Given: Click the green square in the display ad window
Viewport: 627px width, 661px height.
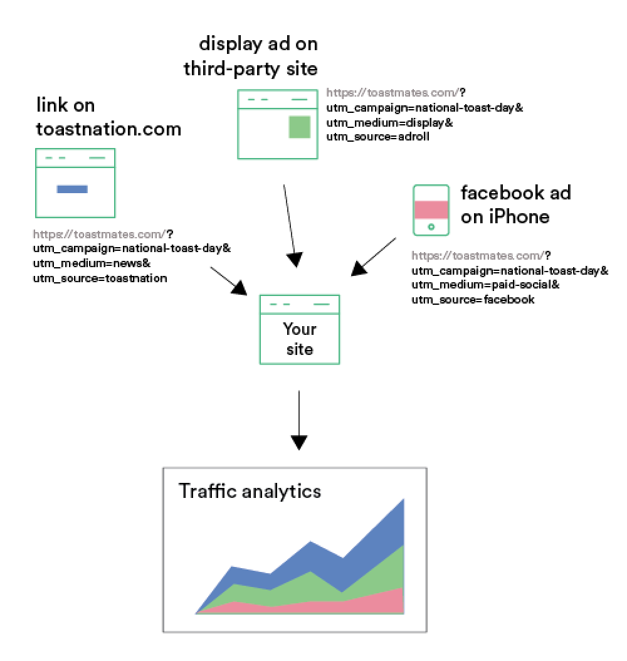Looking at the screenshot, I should pyautogui.click(x=299, y=127).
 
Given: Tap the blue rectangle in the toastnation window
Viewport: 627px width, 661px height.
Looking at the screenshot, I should pyautogui.click(x=72, y=189).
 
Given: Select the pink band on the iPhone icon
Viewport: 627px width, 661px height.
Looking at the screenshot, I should pyautogui.click(x=431, y=209).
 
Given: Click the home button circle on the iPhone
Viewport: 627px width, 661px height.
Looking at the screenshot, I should pyautogui.click(x=431, y=226).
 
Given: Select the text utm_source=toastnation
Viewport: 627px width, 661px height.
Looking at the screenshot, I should pyautogui.click(x=100, y=277).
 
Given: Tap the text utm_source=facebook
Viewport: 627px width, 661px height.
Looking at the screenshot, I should pyautogui.click(x=473, y=299).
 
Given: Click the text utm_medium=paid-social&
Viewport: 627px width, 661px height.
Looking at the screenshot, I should pyautogui.click(x=485, y=285).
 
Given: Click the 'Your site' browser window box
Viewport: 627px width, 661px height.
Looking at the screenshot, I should pyautogui.click(x=299, y=329).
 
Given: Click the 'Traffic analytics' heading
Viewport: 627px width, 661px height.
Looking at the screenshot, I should pyautogui.click(x=250, y=490).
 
